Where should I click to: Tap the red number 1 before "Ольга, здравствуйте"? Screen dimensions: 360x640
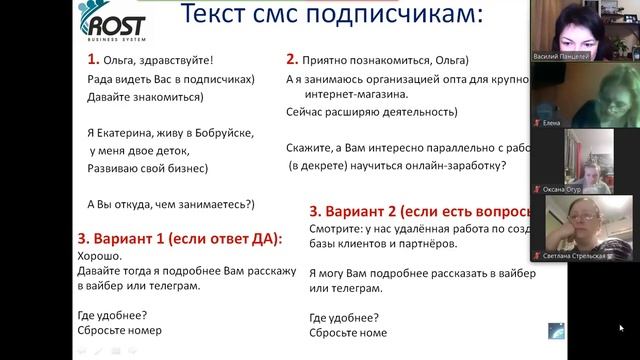(x=91, y=59)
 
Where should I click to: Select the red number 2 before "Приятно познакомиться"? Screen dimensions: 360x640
(x=292, y=59)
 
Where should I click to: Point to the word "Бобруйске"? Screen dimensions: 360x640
(x=222, y=132)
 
